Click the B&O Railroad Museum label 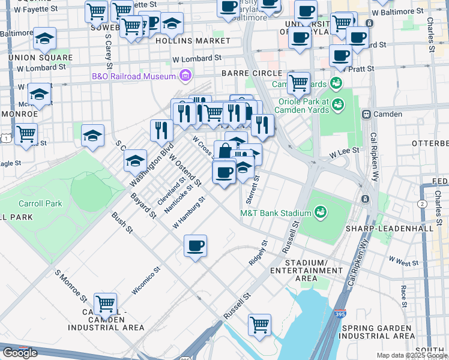133,76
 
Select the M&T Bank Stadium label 276,213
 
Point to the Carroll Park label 40,204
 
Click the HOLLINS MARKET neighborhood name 193,41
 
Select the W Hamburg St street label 188,213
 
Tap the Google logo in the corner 20,353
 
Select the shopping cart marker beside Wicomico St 105,305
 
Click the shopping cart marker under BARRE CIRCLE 298,83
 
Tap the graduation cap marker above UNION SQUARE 45,39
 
